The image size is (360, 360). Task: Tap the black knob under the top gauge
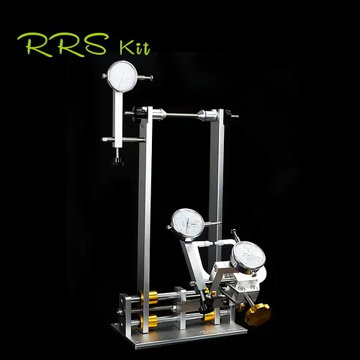click(x=117, y=161)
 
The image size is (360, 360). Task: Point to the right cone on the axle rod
click(x=207, y=114)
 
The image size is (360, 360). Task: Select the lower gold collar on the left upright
click(x=152, y=320)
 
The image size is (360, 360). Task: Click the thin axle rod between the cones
click(x=184, y=114)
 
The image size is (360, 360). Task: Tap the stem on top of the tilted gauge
click(x=235, y=236)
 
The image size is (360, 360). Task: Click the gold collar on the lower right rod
click(x=209, y=316)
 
